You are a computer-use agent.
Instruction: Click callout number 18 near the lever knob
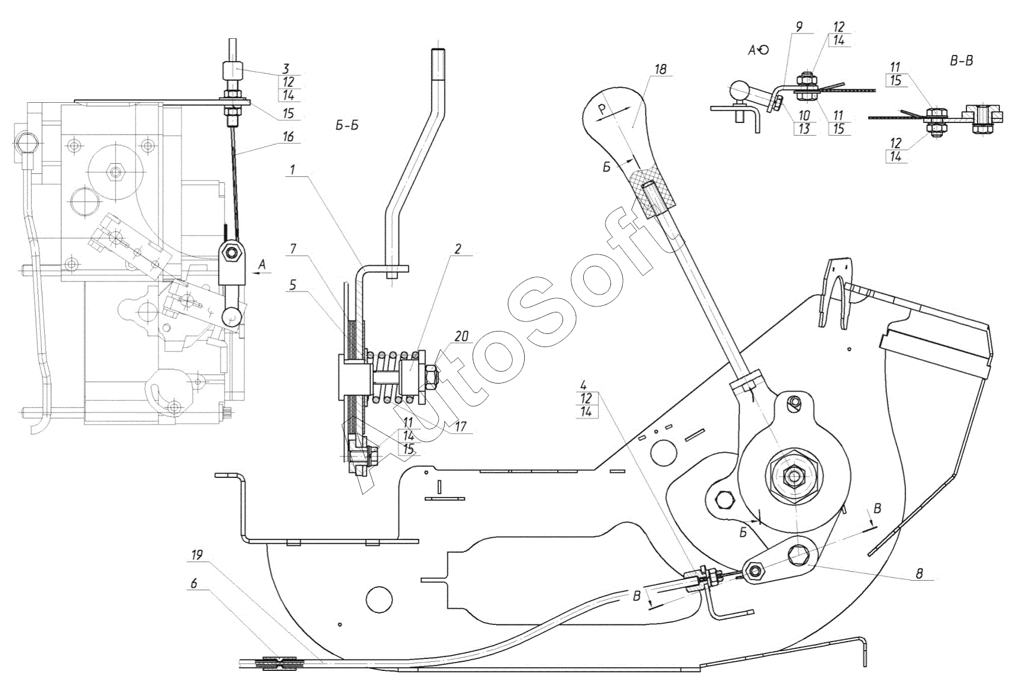tap(661, 69)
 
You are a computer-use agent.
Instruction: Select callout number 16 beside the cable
tap(289, 136)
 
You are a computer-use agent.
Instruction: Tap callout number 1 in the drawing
tap(293, 170)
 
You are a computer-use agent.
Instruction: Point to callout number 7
tap(293, 249)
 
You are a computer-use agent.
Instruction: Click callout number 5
tap(293, 285)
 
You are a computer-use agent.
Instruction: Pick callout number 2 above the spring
tap(458, 248)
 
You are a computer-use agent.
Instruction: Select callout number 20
tap(461, 336)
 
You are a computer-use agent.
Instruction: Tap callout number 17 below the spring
tap(460, 427)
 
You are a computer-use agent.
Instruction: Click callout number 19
tap(197, 554)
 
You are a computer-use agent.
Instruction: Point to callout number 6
tap(194, 583)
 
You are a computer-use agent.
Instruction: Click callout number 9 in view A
tap(798, 26)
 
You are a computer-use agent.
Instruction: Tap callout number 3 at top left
tap(286, 69)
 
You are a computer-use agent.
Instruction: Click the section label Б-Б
tap(347, 125)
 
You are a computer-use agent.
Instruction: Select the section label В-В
tap(961, 61)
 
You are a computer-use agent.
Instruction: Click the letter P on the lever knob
tap(602, 108)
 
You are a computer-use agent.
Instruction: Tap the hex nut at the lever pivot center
tap(791, 476)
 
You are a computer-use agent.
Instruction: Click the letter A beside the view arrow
tap(262, 265)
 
